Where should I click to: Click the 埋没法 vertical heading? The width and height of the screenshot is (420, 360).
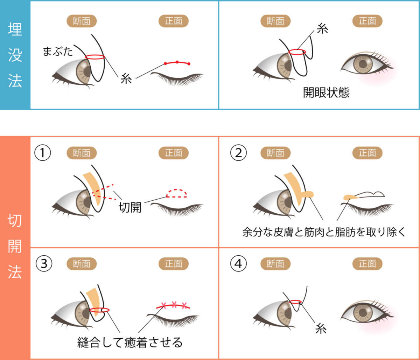coord(15,56)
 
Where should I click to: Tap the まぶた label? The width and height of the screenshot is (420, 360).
coord(58,52)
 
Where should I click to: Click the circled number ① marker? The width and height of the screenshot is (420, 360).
coord(43,152)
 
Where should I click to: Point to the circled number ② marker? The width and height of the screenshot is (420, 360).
coord(238,152)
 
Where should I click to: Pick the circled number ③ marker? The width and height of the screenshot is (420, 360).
coord(44,264)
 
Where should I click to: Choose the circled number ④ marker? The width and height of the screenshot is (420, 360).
coord(238,264)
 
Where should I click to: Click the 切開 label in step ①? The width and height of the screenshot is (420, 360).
coord(130,207)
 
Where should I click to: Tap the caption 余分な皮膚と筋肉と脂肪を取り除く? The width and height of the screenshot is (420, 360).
coord(324,233)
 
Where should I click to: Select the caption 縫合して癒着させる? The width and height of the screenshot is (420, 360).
coord(130,342)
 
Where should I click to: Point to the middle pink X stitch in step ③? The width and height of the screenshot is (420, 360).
coord(174,304)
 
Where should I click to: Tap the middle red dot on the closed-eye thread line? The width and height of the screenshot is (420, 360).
coord(177,62)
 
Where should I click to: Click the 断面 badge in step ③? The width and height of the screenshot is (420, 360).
coord(82,264)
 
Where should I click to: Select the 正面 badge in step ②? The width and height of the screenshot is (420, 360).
coord(367,152)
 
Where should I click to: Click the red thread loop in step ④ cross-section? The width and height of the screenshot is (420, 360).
coord(296,301)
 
